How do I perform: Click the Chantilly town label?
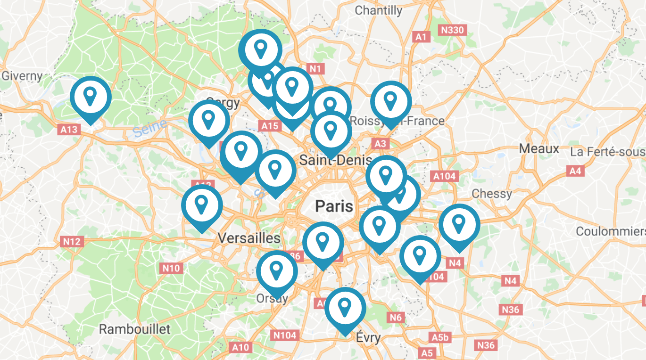click(x=378, y=10)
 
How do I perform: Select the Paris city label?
click(x=334, y=206)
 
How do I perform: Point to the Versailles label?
click(x=249, y=238)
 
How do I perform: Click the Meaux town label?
click(x=539, y=149)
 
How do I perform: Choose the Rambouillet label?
click(x=134, y=328)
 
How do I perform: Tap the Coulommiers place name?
click(x=611, y=231)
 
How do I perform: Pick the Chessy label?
click(x=492, y=194)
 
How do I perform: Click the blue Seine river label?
click(x=150, y=128)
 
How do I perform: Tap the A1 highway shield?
click(x=421, y=37)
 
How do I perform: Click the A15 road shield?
click(x=270, y=126)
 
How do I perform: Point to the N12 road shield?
click(x=72, y=242)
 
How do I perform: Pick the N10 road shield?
click(x=171, y=269)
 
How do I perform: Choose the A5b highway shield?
click(x=440, y=337)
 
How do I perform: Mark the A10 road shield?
click(x=240, y=347)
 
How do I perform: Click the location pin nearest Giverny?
click(x=91, y=97)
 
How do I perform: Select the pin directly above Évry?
click(x=345, y=308)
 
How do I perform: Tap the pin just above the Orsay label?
click(x=277, y=271)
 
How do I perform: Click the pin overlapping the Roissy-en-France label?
click(x=390, y=101)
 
